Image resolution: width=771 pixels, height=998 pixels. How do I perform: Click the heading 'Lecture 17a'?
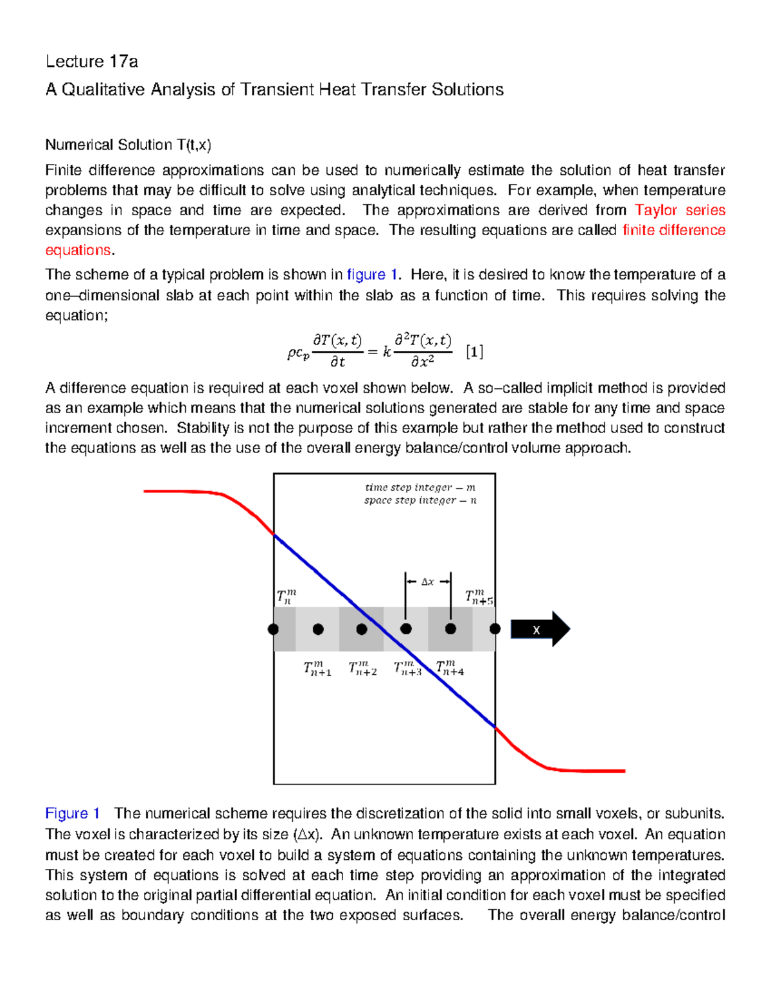click(91, 62)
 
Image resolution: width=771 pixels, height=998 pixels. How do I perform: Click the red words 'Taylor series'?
click(680, 210)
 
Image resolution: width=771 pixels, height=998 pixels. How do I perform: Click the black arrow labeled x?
click(540, 629)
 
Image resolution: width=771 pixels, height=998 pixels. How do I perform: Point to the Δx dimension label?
click(427, 582)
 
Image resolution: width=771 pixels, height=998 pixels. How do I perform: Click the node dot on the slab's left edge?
click(274, 629)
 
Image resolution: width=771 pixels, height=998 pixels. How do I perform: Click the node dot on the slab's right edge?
click(495, 629)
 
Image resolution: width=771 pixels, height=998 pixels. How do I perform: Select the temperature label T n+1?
click(317, 669)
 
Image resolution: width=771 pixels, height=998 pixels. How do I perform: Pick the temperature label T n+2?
click(362, 669)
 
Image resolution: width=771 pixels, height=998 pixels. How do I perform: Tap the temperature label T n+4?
click(450, 668)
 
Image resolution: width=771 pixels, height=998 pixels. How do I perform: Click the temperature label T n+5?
click(479, 598)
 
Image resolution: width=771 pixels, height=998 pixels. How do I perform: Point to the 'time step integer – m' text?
click(420, 488)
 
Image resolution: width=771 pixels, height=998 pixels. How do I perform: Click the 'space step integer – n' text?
click(420, 501)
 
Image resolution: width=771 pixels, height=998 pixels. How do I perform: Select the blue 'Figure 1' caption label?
click(73, 814)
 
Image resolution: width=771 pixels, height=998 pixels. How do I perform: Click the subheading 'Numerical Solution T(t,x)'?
click(128, 145)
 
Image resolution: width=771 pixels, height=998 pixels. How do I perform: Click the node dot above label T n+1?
click(318, 629)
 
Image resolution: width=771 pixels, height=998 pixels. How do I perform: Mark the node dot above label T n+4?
click(450, 629)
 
